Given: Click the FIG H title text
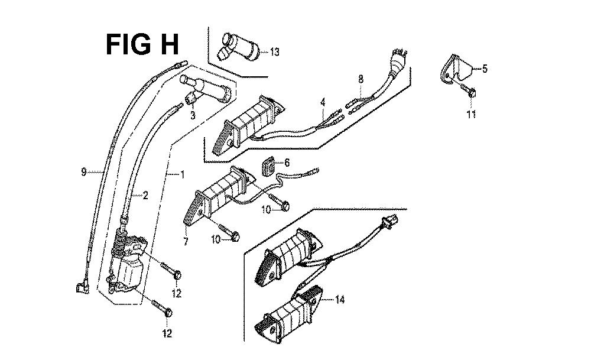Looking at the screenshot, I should tap(142, 44).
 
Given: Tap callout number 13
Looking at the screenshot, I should tap(274, 52).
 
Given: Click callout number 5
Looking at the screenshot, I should tap(485, 69).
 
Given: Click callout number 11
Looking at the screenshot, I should tap(471, 114).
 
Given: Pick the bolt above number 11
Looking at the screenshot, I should tap(470, 92).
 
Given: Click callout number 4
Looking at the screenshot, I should tap(323, 102).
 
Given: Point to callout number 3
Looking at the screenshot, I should tap(193, 116).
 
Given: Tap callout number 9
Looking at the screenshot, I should tap(85, 173).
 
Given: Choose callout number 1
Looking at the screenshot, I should tap(181, 175).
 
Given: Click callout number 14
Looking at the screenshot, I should tap(339, 300).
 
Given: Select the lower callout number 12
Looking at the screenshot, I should tap(167, 334).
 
